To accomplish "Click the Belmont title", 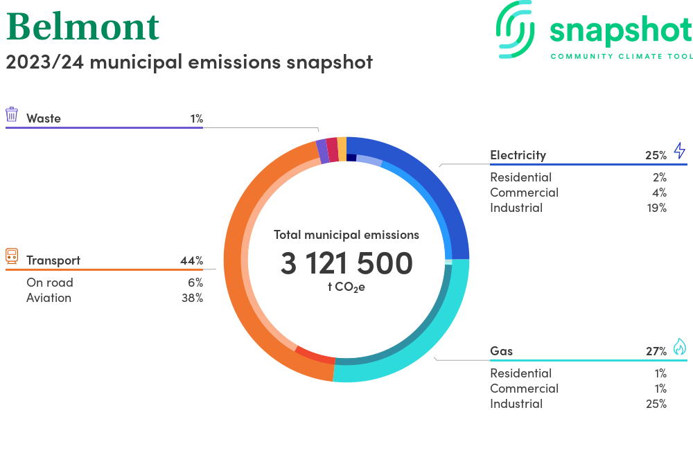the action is tap(82, 27).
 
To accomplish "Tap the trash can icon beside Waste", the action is tap(12, 114).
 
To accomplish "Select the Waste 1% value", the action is tap(197, 118).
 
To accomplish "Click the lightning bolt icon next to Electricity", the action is tap(680, 150).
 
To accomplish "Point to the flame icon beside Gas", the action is tap(680, 346).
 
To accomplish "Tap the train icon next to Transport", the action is tap(12, 256).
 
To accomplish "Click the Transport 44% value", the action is tap(192, 261).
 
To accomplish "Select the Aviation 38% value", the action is tap(192, 298).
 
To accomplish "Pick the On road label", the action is tap(49, 283).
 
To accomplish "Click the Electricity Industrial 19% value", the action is tap(657, 208).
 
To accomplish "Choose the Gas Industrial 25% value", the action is tap(656, 404).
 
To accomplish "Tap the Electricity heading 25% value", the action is tap(656, 155).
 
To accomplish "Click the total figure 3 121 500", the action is tap(346, 263).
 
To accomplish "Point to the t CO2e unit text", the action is tap(346, 287).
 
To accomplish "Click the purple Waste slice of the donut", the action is tap(322, 151).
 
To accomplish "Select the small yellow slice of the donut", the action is tap(342, 149).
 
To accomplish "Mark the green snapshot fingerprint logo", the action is tap(516, 29).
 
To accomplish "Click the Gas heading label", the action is tap(501, 351).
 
